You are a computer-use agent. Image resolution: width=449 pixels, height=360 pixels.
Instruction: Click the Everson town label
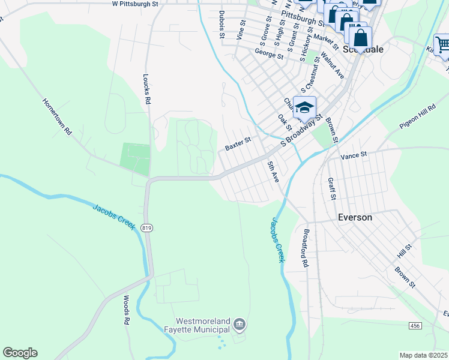click(355, 217)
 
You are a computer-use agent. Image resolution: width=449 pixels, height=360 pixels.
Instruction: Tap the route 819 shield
click(146, 228)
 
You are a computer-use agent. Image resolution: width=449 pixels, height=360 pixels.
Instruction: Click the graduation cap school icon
click(305, 107)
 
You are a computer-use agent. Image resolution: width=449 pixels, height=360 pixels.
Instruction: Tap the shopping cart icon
click(442, 45)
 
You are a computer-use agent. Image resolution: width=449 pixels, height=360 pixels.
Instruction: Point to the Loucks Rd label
click(146, 89)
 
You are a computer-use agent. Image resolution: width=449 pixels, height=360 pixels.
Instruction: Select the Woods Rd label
click(127, 310)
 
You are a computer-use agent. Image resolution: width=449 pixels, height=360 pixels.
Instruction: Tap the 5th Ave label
click(274, 172)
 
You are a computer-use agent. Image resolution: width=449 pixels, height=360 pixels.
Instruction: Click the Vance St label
click(354, 155)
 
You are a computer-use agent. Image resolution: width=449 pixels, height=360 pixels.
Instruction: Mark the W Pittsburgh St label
click(134, 4)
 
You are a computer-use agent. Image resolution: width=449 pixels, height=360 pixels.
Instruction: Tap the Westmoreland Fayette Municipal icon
click(240, 325)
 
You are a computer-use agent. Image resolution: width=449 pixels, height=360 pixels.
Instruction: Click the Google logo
click(20, 353)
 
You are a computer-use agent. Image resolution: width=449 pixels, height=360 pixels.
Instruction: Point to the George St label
click(268, 54)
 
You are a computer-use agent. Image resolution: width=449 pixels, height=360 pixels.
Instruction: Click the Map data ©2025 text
click(423, 355)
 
